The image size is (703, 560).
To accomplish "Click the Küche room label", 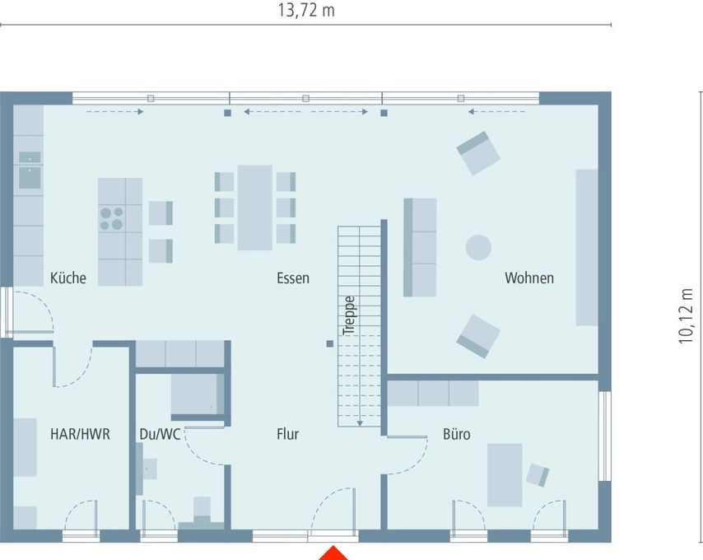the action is click(68, 278).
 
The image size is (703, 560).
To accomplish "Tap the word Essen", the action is click(293, 278).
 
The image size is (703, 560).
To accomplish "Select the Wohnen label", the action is click(529, 278).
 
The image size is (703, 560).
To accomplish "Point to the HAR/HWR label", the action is click(80, 434).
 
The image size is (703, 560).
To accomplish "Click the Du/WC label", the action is click(160, 434).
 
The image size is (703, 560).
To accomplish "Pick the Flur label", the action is click(287, 434).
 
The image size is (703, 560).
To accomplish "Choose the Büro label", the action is click(456, 434).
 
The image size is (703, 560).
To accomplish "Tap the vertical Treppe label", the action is click(349, 315).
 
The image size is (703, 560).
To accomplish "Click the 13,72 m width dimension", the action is click(306, 10).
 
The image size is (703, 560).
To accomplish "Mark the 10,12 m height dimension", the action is click(686, 316).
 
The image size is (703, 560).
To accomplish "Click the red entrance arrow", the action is click(333, 553).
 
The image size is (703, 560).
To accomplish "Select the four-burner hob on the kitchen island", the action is click(112, 218).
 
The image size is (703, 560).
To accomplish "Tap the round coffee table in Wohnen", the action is click(478, 248).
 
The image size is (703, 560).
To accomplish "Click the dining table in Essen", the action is click(254, 208).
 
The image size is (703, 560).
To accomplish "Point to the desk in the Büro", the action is click(505, 475).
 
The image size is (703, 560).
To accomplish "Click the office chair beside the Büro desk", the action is click(537, 475).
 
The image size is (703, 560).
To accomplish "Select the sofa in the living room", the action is click(420, 248).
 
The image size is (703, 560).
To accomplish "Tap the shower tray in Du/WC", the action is click(198, 394).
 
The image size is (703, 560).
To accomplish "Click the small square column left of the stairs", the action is click(330, 344).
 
